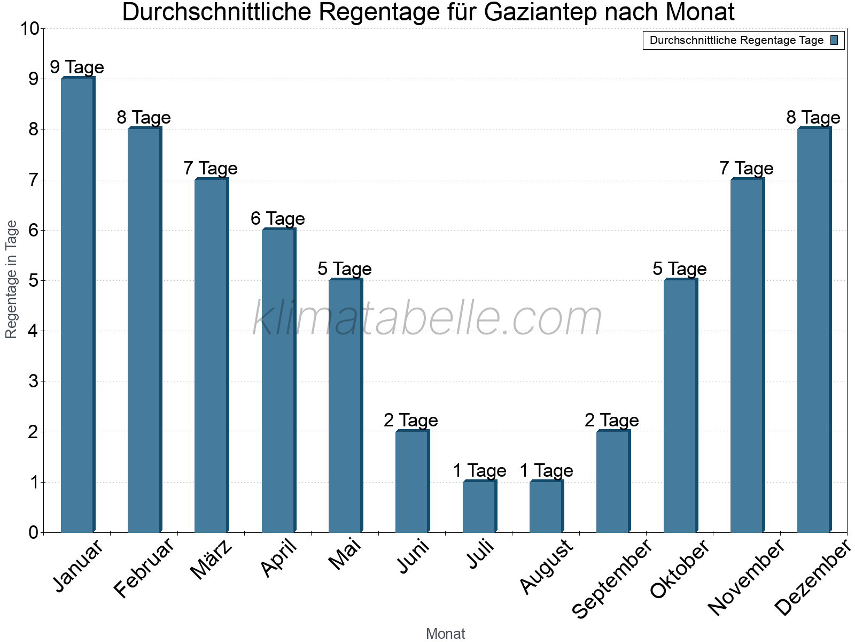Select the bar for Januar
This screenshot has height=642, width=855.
(77, 305)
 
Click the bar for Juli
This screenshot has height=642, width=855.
(479, 507)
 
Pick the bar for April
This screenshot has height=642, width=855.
(278, 380)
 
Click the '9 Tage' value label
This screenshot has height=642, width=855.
(77, 67)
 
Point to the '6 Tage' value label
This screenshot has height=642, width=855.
(278, 218)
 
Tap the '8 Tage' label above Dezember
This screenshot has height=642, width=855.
(813, 117)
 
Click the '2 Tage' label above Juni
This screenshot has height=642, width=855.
(411, 420)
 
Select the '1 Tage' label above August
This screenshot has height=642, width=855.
(546, 471)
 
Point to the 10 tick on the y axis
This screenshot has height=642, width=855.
(29, 29)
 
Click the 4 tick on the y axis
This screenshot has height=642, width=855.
(34, 331)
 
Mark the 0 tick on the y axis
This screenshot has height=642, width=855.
(34, 532)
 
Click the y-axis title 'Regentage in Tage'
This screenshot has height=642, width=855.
(12, 279)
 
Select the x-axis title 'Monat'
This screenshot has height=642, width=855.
(445, 633)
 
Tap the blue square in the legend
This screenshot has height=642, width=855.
(835, 40)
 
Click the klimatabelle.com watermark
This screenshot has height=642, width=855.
(428, 319)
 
